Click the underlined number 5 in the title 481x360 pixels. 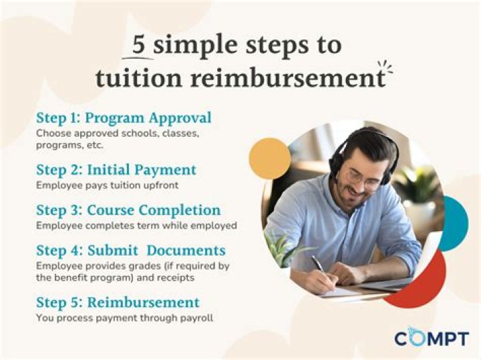(138, 45)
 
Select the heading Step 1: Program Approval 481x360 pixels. (124, 118)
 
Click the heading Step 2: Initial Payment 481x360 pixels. (116, 170)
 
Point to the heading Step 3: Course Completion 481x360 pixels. (129, 210)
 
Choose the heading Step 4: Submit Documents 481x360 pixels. (130, 250)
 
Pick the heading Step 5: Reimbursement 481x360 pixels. (118, 301)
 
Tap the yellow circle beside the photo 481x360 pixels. (269, 160)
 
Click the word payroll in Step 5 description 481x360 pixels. (196, 318)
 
